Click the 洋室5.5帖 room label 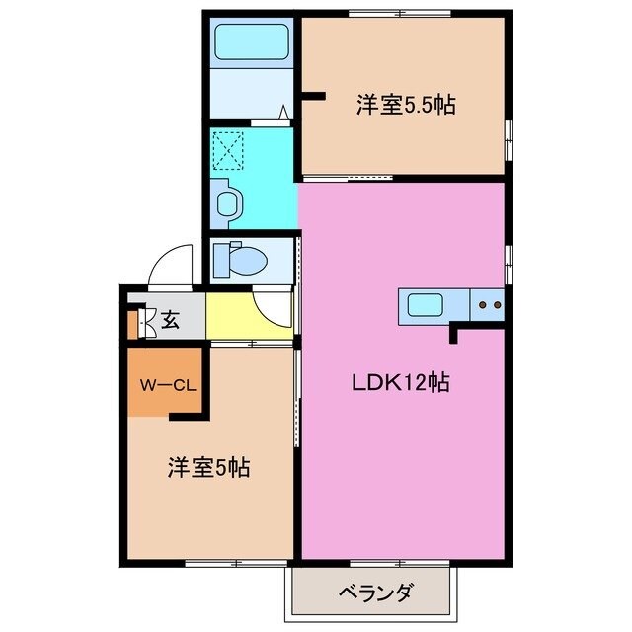tap(406, 105)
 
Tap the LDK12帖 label tap(401, 383)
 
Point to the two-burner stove tap(488, 305)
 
